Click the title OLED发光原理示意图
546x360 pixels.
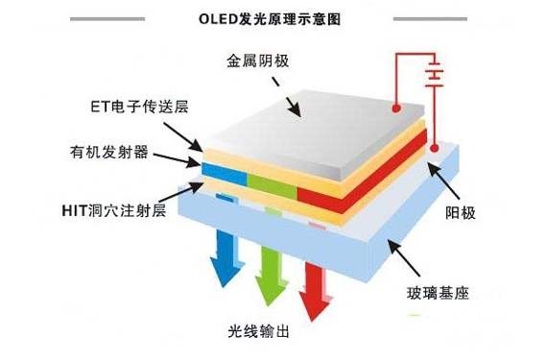click(x=273, y=18)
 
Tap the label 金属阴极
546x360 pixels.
click(x=256, y=61)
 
